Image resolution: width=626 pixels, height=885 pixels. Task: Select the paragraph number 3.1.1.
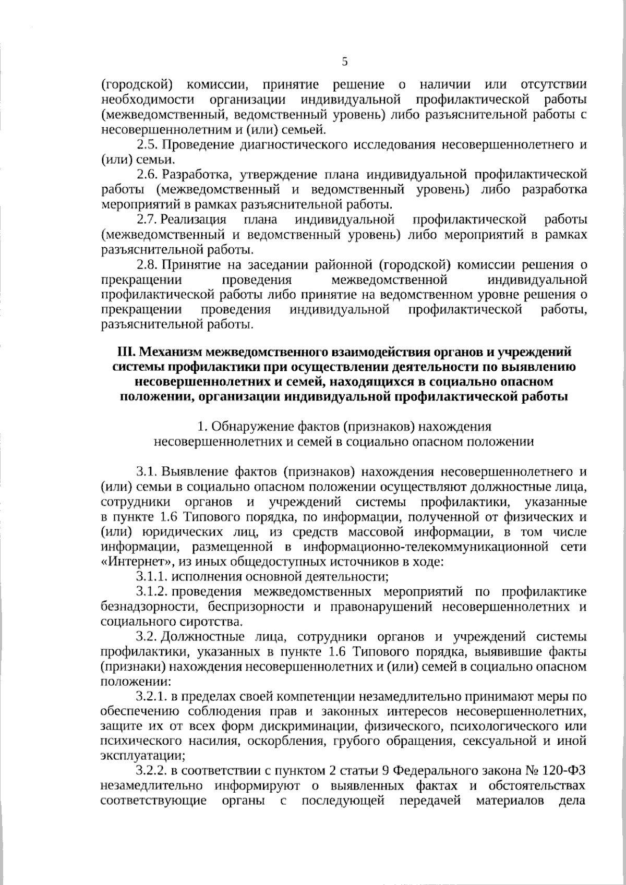pyautogui.click(x=152, y=577)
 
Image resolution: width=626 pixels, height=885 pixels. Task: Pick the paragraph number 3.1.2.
pyautogui.click(x=152, y=592)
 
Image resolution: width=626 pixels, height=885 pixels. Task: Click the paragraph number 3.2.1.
pyautogui.click(x=152, y=696)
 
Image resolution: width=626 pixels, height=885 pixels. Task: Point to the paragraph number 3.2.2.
pyautogui.click(x=152, y=771)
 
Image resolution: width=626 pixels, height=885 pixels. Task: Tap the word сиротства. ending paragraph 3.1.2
pyautogui.click(x=214, y=622)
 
